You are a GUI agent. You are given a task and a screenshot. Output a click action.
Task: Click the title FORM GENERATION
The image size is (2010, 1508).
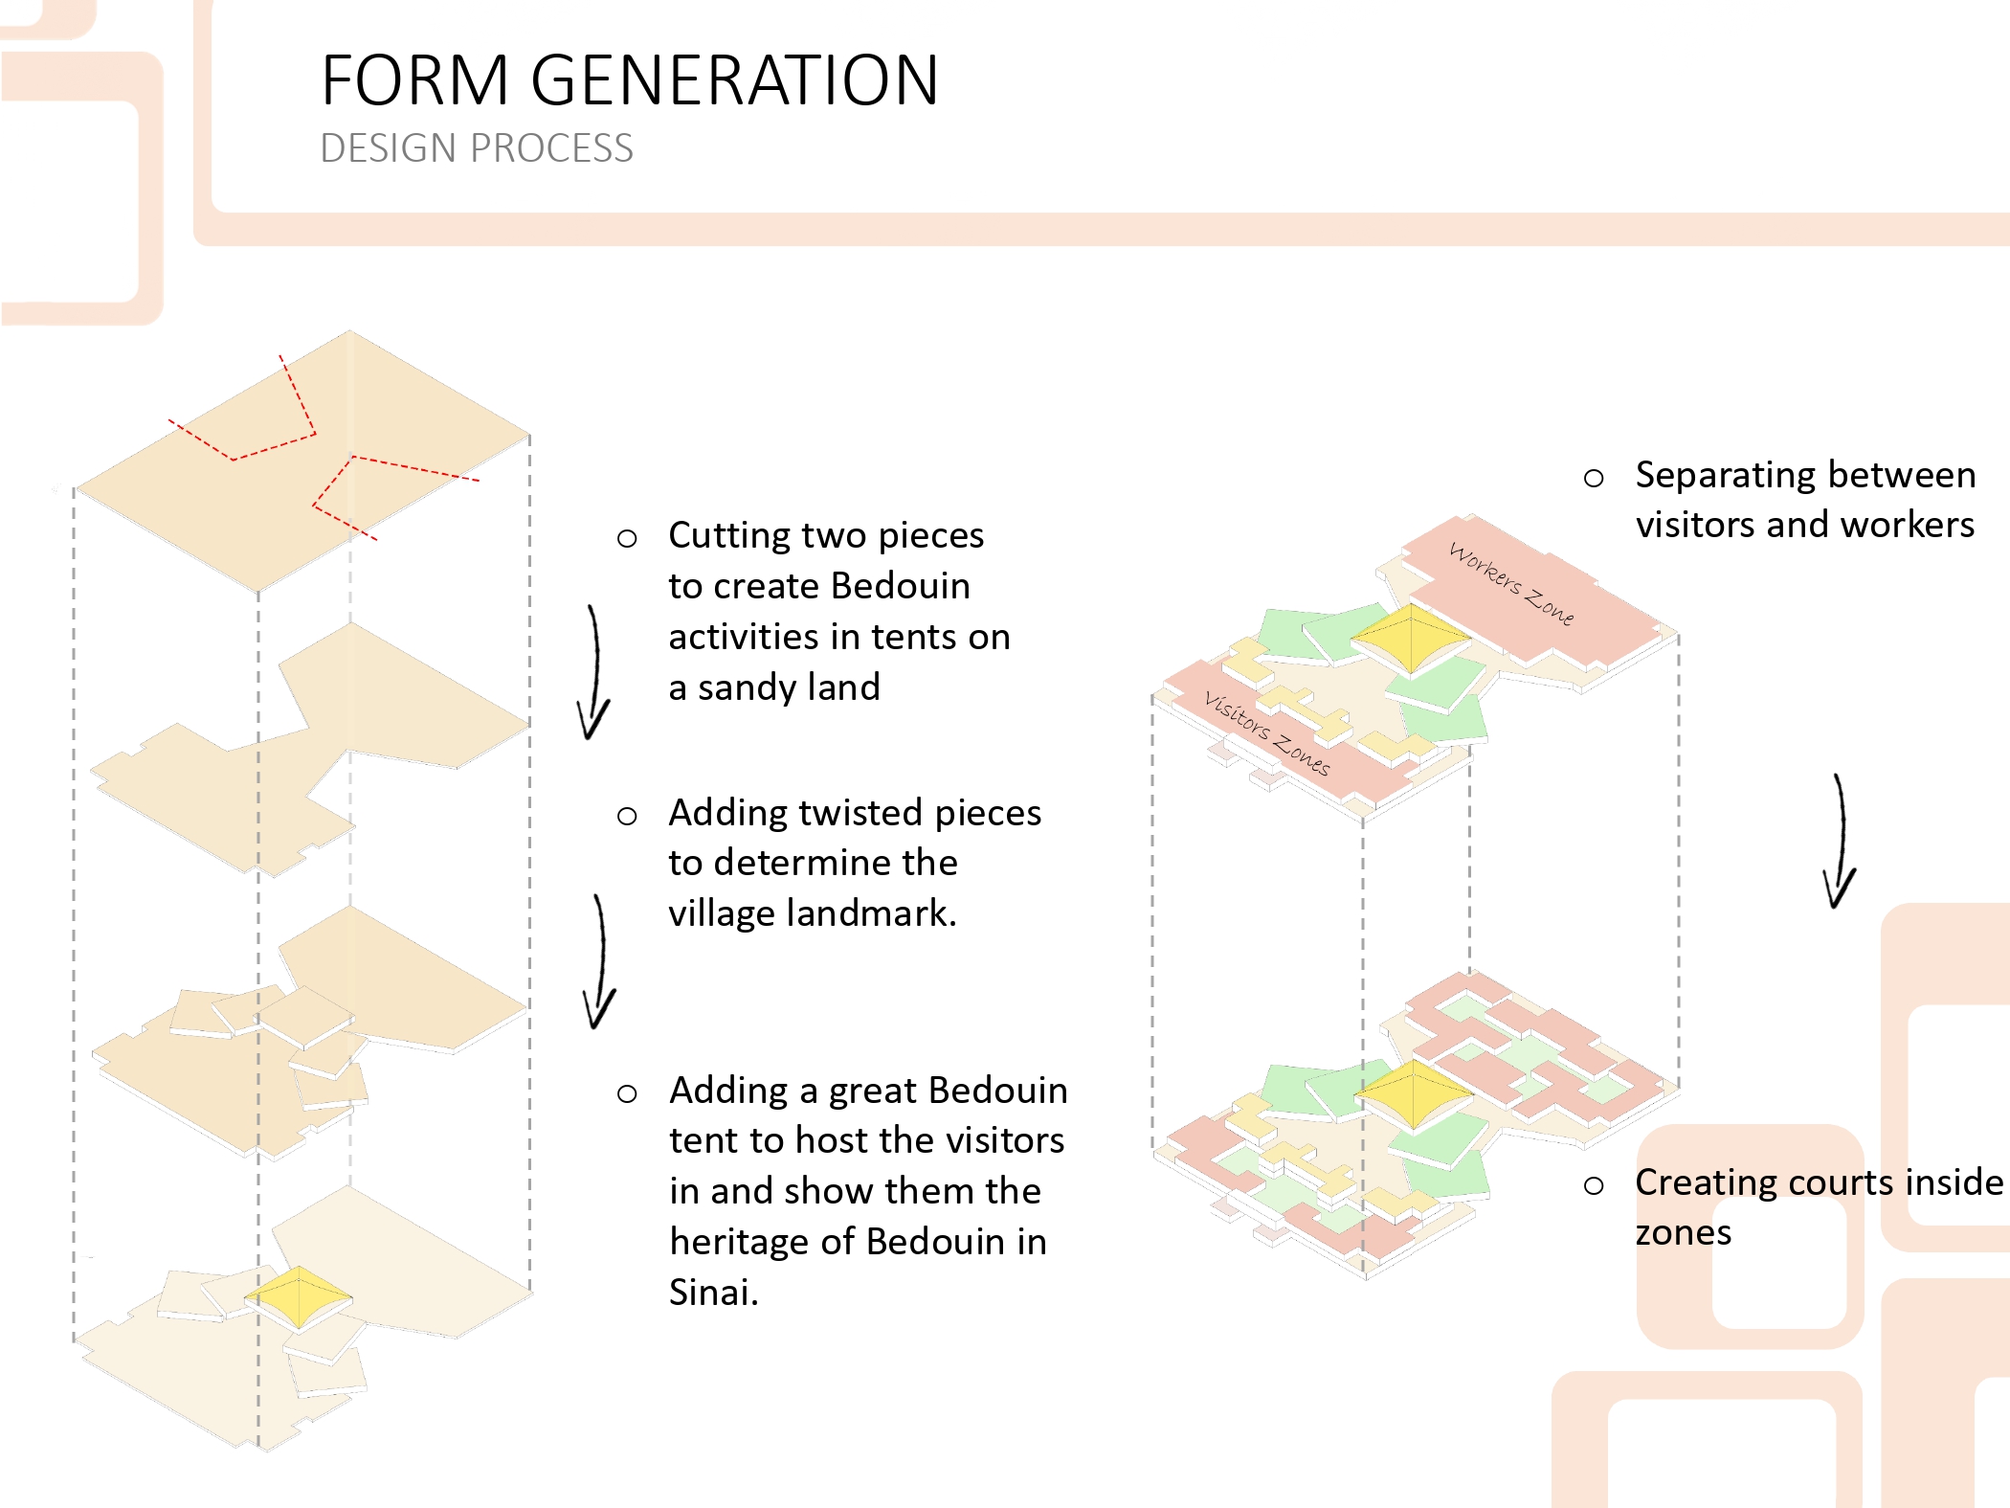pos(630,79)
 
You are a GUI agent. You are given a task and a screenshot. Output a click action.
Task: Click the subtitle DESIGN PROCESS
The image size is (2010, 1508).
pos(477,148)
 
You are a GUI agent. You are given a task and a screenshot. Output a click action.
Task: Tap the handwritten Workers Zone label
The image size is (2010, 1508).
pos(1511,583)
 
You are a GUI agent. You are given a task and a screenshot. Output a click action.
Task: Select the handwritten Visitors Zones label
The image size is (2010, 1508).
pos(1267,732)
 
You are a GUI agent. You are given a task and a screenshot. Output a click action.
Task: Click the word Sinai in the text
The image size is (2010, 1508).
pos(713,1293)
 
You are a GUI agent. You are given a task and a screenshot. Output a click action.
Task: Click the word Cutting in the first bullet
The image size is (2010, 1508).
pos(721,536)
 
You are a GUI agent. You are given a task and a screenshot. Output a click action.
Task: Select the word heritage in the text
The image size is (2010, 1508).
pos(739,1242)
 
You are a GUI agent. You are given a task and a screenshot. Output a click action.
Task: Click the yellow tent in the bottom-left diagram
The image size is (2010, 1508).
pos(299,1297)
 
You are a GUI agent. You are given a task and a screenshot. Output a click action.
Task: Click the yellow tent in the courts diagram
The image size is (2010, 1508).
pos(1414,1092)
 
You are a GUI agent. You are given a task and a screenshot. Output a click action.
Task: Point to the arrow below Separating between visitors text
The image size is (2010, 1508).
pos(1841,842)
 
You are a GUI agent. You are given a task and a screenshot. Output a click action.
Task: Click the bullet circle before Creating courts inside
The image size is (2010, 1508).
pos(1594,1186)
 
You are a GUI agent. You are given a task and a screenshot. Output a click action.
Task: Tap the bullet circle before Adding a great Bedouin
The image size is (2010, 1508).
pos(627,1093)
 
